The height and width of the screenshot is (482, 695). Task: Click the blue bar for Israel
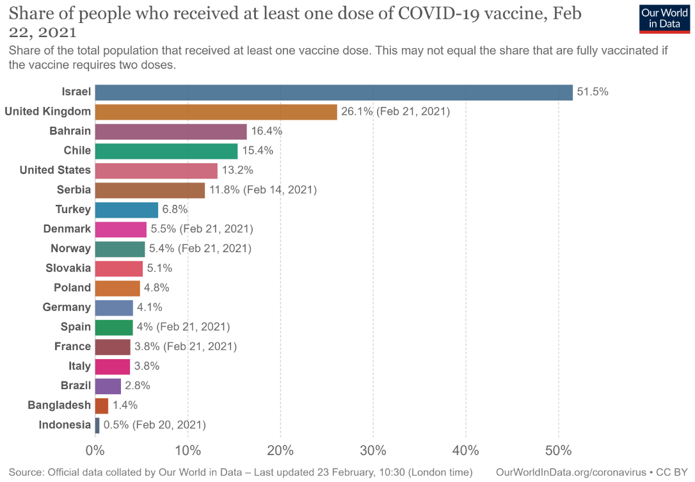click(333, 92)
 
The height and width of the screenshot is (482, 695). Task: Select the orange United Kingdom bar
click(216, 112)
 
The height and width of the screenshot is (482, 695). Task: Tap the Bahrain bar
click(170, 131)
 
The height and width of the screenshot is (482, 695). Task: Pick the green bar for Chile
click(166, 151)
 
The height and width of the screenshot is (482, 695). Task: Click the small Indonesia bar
click(97, 425)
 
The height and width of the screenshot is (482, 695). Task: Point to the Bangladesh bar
click(102, 405)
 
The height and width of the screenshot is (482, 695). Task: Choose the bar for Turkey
click(126, 210)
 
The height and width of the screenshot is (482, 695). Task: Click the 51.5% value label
click(592, 92)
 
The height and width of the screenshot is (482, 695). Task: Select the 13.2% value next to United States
click(237, 170)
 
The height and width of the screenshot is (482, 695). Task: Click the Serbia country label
click(74, 190)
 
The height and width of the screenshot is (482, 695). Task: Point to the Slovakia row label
click(68, 268)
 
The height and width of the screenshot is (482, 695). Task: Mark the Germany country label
click(67, 307)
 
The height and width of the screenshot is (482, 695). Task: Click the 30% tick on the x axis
click(373, 451)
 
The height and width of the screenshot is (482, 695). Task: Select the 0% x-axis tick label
click(95, 451)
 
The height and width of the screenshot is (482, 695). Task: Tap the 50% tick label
click(558, 451)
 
